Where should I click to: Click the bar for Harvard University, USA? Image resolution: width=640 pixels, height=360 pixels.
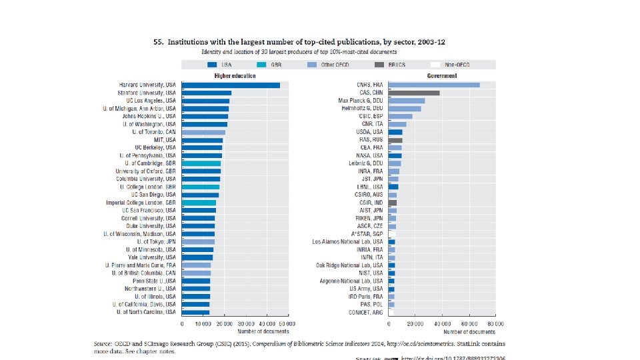(231, 85)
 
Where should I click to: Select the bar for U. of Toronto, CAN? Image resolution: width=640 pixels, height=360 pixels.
(203, 132)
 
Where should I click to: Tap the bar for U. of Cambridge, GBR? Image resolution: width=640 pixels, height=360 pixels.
(201, 163)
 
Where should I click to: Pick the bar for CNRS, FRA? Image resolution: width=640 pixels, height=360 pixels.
(434, 85)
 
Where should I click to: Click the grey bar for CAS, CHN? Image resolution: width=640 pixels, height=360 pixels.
(414, 93)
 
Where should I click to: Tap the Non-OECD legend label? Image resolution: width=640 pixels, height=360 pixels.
(457, 65)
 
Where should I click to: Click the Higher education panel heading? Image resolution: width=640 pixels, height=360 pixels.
(234, 76)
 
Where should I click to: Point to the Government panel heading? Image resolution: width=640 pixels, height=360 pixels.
(442, 76)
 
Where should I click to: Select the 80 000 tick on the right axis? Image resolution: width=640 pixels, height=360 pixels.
(495, 323)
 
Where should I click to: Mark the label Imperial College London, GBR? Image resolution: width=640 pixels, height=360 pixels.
(141, 202)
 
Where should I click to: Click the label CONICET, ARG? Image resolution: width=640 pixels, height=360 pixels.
(365, 312)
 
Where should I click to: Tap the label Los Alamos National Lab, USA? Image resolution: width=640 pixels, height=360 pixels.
(348, 241)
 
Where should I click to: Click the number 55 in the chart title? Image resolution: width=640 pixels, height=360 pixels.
(158, 41)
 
